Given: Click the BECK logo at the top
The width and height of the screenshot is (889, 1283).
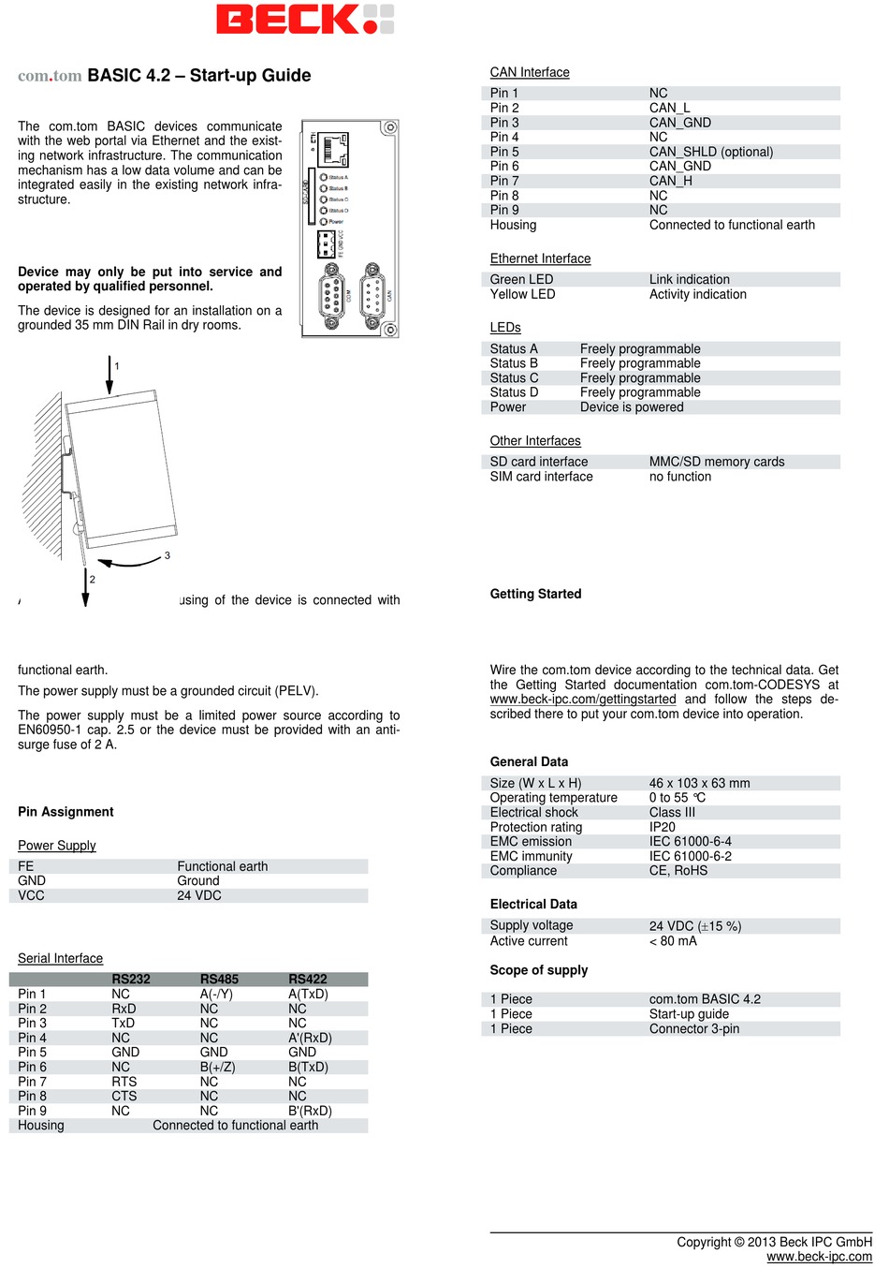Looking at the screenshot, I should point(304,19).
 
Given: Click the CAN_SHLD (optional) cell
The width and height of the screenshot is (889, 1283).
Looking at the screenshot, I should point(710,152).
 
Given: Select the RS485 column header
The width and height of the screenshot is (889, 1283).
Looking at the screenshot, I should point(219,979).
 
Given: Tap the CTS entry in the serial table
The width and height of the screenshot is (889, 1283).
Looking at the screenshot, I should point(124,1096).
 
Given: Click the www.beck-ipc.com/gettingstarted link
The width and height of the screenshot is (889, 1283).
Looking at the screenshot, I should point(582,699).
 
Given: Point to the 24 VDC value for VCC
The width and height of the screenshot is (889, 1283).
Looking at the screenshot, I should point(199,895).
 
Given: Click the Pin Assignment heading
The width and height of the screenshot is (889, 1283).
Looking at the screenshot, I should point(66,812).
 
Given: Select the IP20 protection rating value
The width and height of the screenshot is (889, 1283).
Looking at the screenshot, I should point(662,827).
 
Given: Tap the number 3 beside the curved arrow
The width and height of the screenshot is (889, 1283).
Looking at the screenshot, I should point(168,555).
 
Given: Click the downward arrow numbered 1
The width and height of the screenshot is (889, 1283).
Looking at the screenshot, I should point(109,375).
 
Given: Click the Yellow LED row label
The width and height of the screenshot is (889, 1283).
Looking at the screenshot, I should point(522,294).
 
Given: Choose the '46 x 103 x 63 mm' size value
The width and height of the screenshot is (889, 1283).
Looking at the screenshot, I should point(699,783).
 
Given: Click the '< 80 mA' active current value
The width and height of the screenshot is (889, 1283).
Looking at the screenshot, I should point(673,940).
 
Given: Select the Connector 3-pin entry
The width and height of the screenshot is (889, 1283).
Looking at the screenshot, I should point(693,1028).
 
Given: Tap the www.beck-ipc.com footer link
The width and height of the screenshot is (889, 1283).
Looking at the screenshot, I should point(819,1257).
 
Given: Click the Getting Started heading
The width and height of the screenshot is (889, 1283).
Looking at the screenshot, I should point(535,594).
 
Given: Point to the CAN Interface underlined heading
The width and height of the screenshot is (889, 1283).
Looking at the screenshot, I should point(530,72).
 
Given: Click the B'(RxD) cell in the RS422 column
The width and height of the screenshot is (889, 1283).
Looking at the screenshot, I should point(310,1111).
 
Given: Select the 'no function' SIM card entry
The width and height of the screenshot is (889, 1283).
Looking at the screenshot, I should point(679,477).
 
